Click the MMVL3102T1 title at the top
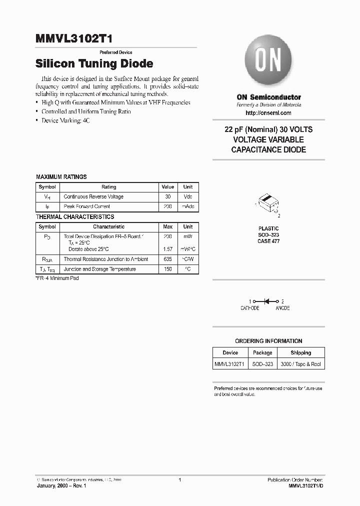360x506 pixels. (77, 39)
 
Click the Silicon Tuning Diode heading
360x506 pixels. (94, 64)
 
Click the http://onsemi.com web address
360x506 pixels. (268, 113)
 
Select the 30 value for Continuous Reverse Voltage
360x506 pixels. (167, 196)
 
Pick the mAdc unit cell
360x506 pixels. (188, 206)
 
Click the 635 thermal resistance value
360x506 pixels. (167, 259)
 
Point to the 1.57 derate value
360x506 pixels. (167, 249)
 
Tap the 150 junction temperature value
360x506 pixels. (167, 269)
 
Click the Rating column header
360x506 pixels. (108, 186)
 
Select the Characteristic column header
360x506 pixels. (108, 226)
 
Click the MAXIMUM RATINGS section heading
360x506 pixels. (61, 177)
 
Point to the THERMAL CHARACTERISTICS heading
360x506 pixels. (75, 217)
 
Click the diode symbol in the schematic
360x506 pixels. (267, 301)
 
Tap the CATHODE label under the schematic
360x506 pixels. (250, 308)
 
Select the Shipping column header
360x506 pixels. (300, 352)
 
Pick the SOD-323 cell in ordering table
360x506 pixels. (262, 364)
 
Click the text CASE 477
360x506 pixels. (268, 241)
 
